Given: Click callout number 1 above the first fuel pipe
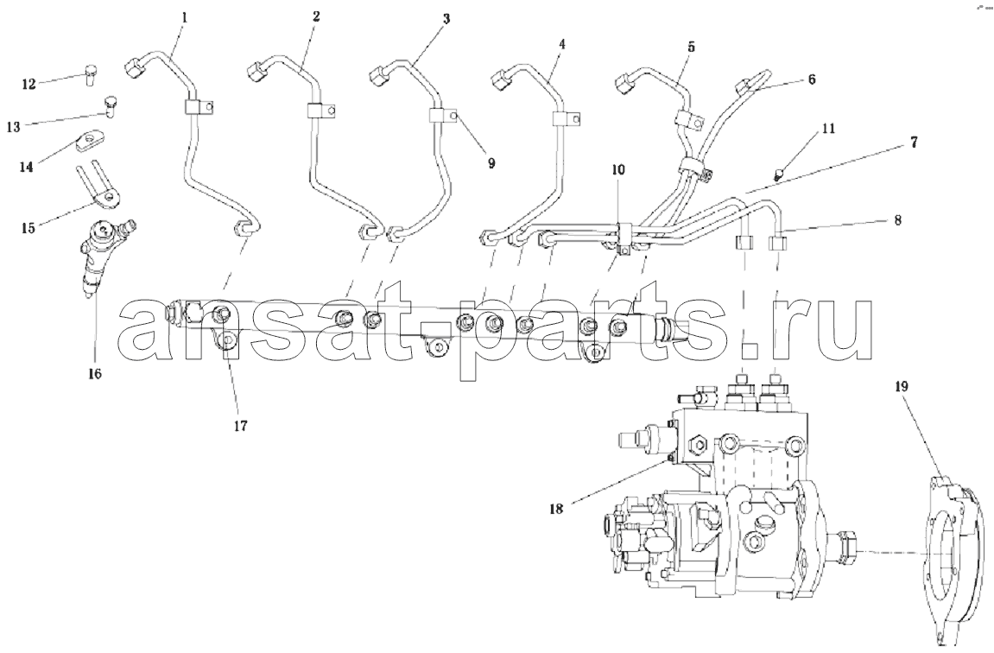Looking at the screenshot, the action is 185,17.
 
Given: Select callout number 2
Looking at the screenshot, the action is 316,16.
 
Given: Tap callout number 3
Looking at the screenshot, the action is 446,19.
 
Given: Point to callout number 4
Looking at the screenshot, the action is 561,44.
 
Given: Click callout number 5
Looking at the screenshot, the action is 691,47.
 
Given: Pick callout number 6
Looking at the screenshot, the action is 812,79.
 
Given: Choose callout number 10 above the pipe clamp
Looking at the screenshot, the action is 618,170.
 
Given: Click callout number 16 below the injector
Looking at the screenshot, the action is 94,373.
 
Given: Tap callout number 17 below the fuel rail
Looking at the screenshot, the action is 239,426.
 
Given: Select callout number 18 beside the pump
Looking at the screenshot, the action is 556,509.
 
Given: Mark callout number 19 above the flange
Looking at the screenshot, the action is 902,386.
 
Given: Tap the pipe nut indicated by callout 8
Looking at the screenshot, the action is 779,243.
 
